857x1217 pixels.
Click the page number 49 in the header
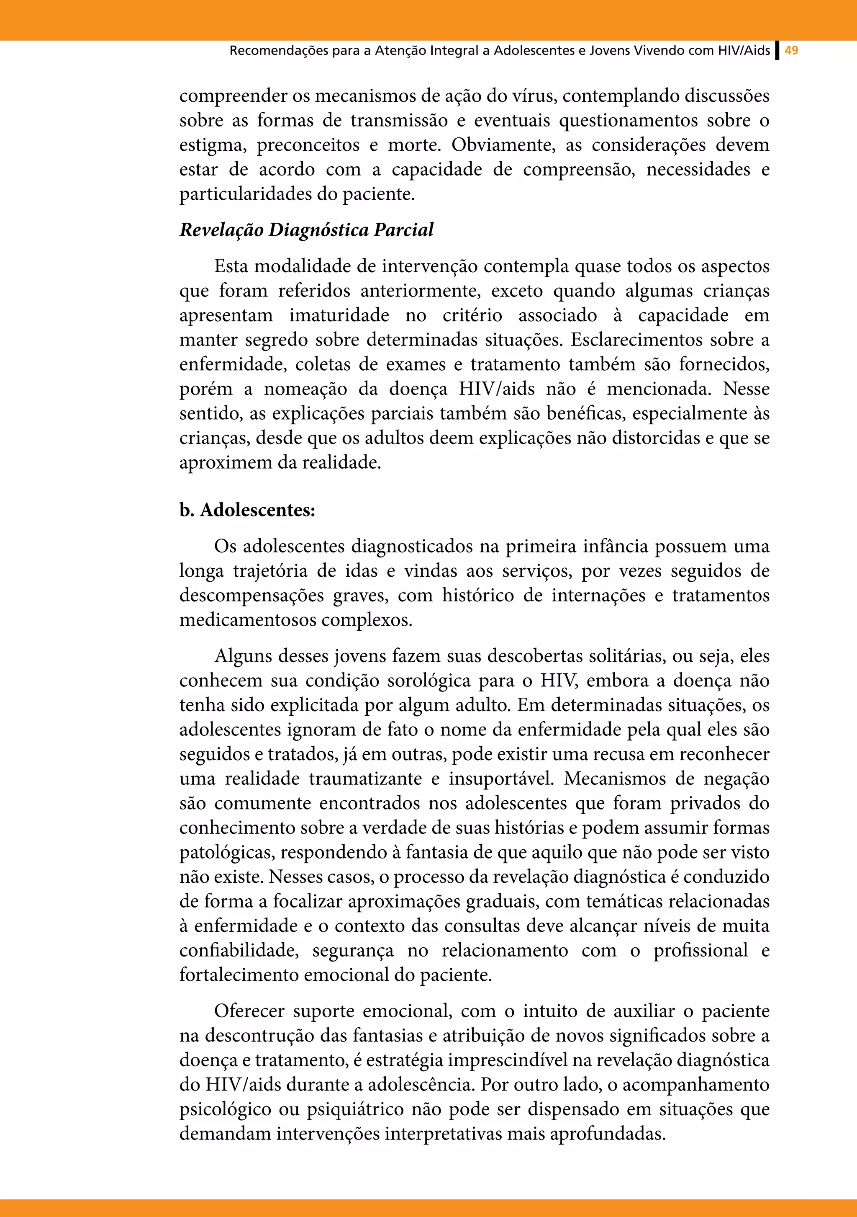pyautogui.click(x=791, y=51)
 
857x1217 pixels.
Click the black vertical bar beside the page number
pyautogui.click(x=777, y=51)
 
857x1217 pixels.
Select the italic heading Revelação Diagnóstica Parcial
pyautogui.click(x=306, y=230)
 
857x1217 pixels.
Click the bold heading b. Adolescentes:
pyautogui.click(x=247, y=510)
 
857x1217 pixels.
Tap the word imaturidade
pyautogui.click(x=339, y=315)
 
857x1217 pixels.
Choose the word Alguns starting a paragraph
pyautogui.click(x=243, y=656)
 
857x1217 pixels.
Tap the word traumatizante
pyautogui.click(x=365, y=779)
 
